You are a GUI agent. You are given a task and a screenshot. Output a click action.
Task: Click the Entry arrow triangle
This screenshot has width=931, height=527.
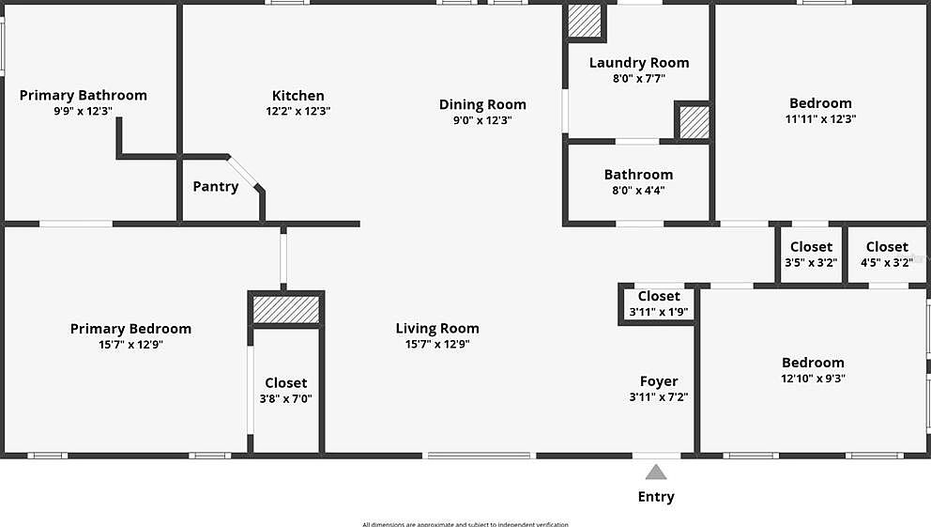pos(656,473)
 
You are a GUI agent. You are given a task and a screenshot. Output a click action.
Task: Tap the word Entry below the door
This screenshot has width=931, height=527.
pos(656,497)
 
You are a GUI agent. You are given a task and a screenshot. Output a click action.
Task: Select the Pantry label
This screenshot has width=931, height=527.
pos(215,186)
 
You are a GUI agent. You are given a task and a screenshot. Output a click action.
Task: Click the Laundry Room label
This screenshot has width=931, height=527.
pos(638,63)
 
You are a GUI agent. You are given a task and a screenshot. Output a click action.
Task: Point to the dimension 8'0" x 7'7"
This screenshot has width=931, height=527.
pos(638,79)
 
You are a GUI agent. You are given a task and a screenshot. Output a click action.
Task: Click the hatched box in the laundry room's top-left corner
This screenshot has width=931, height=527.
pos(585,22)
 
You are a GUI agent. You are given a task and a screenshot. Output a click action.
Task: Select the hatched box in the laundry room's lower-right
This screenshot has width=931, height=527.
pos(694,122)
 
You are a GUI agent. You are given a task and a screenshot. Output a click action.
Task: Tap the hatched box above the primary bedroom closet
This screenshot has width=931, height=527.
pos(286,310)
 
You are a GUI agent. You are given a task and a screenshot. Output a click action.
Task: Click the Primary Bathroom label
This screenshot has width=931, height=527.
pos(84,95)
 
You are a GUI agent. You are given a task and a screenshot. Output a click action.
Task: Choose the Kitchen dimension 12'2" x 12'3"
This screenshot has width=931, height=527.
pos(298,111)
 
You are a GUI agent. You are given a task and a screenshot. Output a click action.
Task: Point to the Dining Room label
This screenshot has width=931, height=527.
pos(482,104)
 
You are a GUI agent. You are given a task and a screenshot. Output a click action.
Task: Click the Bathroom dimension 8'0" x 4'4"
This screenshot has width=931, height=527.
pos(638,190)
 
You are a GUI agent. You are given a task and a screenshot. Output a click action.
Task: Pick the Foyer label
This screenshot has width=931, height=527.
pos(659,381)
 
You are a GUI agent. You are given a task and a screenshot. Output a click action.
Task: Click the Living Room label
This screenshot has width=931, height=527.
pos(437,328)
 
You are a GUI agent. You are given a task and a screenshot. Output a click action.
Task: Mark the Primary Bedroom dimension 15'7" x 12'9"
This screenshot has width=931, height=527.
pos(130,345)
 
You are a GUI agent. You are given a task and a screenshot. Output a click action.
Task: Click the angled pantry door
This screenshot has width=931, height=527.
pos(242,172)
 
